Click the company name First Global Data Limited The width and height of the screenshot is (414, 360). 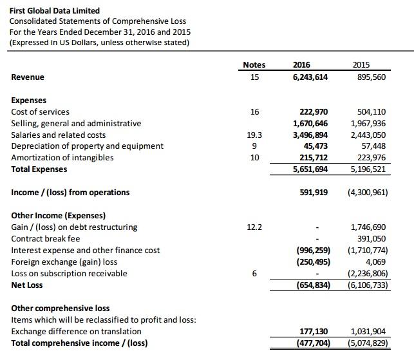55,10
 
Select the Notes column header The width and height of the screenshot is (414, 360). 254,64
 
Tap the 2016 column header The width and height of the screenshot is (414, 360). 302,64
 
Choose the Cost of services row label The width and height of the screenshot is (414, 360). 41,111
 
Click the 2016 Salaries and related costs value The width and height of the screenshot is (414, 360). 312,135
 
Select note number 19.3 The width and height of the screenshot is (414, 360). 254,135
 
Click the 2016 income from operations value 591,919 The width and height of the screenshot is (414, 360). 315,192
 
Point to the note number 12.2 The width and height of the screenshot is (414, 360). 254,227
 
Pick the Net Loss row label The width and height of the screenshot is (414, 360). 28,285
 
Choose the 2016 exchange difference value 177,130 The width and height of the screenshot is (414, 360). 315,331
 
